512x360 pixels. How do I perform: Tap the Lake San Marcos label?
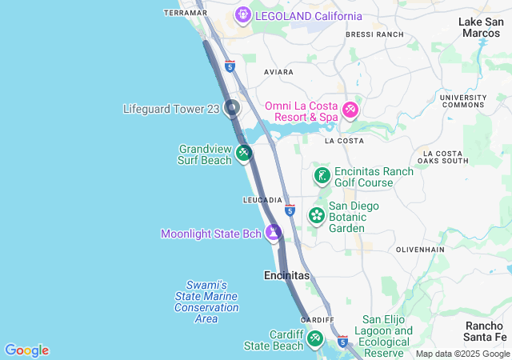click(x=482, y=27)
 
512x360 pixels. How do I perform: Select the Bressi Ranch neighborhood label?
click(x=374, y=34)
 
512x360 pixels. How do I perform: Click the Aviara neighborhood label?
click(x=279, y=72)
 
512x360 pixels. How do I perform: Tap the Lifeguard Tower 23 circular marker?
click(x=232, y=107)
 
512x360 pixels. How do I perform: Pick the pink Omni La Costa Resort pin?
click(x=350, y=110)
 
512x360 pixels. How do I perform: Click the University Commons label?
click(x=463, y=102)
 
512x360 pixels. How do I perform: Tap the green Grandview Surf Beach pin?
click(x=244, y=152)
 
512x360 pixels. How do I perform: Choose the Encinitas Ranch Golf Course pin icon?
click(x=322, y=176)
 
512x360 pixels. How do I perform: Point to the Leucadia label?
click(x=262, y=199)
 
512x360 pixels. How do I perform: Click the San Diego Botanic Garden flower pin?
click(x=317, y=215)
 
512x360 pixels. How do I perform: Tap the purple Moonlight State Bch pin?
click(x=274, y=233)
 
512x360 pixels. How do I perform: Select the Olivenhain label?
click(x=420, y=250)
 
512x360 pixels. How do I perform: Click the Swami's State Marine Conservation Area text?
click(x=206, y=302)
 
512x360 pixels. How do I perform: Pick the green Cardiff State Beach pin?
click(x=315, y=339)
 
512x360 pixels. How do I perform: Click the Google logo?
click(x=27, y=350)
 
